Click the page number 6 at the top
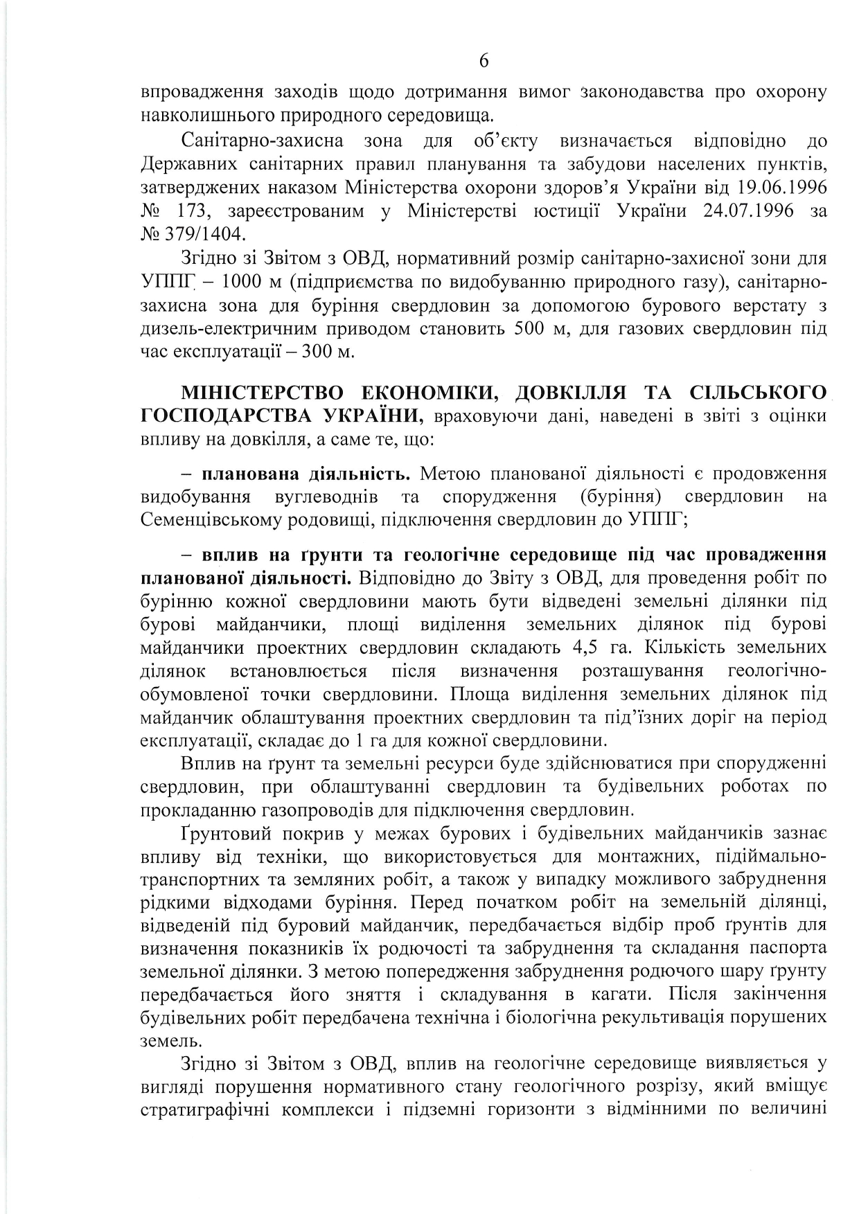tap(484, 62)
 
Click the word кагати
tap(619, 994)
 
